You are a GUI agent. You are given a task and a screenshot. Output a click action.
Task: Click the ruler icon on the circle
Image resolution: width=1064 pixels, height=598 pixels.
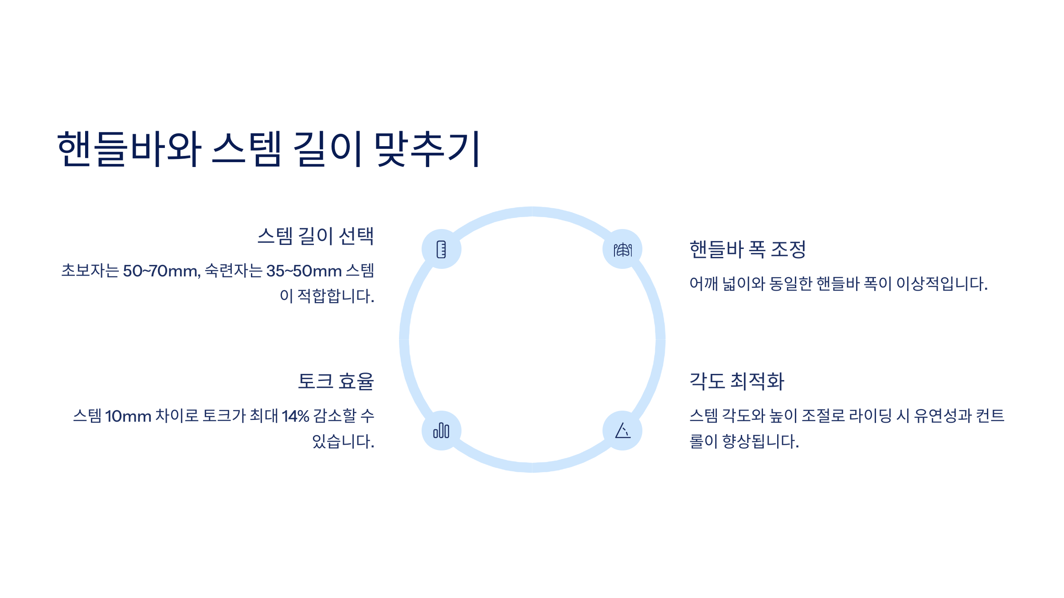pos(441,249)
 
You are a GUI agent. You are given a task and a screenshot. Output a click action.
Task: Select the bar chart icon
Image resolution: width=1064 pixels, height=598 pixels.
pos(441,431)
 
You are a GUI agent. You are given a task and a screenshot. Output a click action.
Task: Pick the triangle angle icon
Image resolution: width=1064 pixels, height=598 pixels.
pos(622,431)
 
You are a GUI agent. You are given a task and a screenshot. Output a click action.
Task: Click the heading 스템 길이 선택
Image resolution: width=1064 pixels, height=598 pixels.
pos(316,236)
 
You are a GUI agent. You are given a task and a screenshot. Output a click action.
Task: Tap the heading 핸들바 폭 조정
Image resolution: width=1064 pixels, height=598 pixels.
pos(747,249)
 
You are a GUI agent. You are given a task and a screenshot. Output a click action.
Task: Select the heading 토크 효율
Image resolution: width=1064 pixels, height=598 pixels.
pos(336,381)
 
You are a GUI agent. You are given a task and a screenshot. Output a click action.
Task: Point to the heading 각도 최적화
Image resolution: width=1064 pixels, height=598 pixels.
pos(737,381)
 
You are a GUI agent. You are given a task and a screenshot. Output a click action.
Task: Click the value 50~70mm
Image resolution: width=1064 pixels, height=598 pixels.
pos(161,271)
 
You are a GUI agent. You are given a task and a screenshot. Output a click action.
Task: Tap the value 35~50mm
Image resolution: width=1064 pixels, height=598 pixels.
pos(304,271)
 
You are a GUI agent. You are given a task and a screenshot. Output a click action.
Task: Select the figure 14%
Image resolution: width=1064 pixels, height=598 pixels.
pos(295,416)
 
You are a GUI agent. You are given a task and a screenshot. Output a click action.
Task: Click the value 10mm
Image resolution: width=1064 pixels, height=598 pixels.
pos(128,416)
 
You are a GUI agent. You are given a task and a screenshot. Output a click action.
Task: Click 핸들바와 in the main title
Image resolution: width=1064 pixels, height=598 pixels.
pos(129,149)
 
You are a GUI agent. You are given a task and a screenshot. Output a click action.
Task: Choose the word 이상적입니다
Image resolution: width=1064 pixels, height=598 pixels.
pos(942,283)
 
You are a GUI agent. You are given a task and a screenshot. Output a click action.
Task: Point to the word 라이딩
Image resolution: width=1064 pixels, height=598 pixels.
pos(870,416)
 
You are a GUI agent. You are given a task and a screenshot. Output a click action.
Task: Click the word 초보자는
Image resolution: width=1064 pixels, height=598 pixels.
pos(90,271)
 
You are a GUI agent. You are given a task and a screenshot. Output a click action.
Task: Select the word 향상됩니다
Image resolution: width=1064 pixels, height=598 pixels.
pos(760,442)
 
